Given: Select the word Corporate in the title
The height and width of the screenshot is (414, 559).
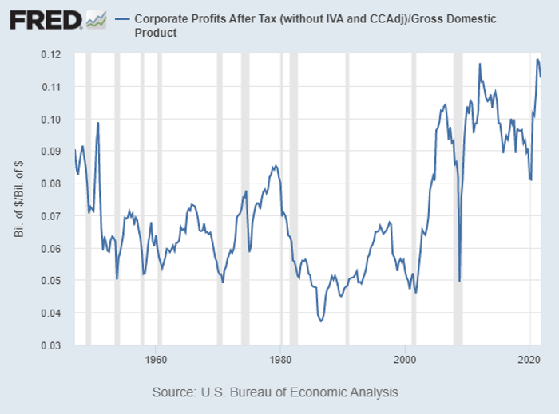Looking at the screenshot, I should tap(158, 18).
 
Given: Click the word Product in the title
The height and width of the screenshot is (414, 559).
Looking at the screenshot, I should tap(156, 33).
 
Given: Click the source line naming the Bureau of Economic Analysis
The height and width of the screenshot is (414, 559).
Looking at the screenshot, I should tap(275, 392).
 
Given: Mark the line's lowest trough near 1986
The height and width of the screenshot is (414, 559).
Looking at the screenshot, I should tap(321, 321).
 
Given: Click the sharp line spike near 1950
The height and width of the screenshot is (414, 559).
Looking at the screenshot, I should tap(98, 123).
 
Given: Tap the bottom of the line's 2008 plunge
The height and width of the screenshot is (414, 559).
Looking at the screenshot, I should tap(459, 281).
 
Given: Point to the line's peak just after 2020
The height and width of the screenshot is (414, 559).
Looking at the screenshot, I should tap(537, 59).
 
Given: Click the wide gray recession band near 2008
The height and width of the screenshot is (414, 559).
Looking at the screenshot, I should tap(458, 199).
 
